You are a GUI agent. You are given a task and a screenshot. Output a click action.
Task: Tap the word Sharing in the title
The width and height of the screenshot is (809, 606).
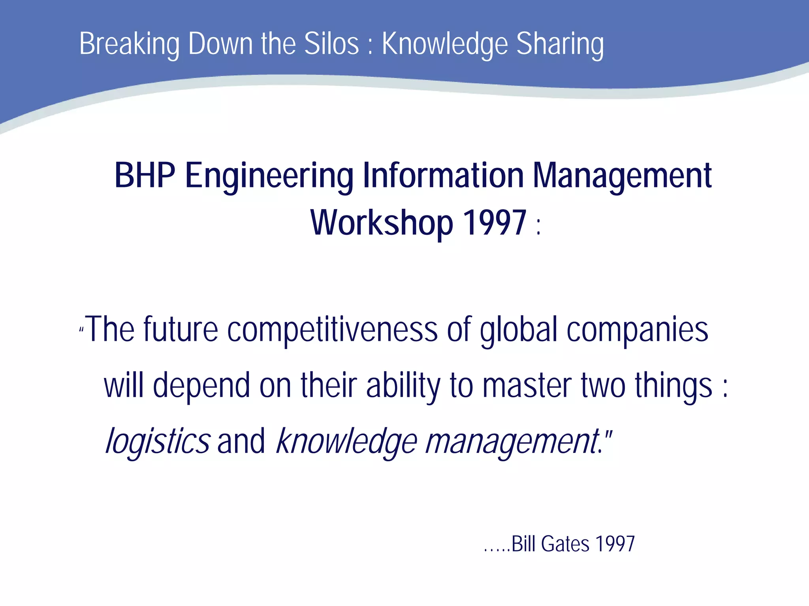tap(560, 44)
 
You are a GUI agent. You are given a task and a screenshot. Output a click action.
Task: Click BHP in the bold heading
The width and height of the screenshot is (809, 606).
tap(145, 176)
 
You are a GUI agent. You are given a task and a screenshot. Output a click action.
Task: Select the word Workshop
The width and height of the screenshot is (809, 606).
tap(382, 223)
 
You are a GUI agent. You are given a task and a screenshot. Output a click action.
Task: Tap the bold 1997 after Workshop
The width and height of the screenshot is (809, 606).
tap(495, 223)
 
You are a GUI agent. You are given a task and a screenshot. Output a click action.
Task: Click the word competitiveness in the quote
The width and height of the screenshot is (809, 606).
tap(332, 330)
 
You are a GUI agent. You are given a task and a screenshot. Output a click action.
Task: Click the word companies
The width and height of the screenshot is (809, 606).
tap(637, 330)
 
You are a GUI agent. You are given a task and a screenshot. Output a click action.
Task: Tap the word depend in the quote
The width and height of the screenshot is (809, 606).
tap(201, 386)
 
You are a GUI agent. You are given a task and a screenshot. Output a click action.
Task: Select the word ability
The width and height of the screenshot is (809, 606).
tap(403, 386)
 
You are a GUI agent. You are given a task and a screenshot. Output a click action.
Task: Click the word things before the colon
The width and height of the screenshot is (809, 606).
tap(674, 386)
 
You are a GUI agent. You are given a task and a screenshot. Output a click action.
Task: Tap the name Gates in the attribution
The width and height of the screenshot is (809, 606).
tap(565, 544)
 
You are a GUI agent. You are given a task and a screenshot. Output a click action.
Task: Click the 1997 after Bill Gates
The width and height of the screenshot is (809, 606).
tap(615, 544)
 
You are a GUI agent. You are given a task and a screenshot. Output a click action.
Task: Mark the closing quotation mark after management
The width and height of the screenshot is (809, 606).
tap(608, 434)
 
